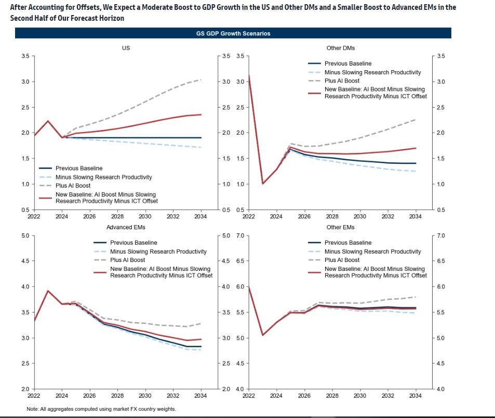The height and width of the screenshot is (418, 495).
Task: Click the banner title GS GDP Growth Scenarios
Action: (233, 33)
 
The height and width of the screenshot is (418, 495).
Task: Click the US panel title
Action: (126, 48)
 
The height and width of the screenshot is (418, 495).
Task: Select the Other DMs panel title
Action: (341, 48)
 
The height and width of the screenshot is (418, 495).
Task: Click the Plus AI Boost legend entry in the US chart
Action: (73, 186)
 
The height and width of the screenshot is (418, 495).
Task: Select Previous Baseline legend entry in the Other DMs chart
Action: (348, 64)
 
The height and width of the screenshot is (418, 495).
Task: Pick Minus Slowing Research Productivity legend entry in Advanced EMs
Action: (158, 251)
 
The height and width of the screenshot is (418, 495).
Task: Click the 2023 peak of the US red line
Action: (48, 121)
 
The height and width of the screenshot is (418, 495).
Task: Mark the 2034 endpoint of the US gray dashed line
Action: (201, 80)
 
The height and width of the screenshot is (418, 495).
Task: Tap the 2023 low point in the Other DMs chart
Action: (263, 184)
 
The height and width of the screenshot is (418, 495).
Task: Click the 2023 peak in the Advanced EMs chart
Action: (48, 291)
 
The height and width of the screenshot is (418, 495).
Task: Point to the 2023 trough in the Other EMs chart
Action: (263, 335)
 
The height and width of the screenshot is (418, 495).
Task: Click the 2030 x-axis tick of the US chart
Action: (146, 216)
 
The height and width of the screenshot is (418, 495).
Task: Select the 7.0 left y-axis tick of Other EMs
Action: (242, 236)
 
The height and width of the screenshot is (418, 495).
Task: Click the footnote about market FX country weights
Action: (101, 409)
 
